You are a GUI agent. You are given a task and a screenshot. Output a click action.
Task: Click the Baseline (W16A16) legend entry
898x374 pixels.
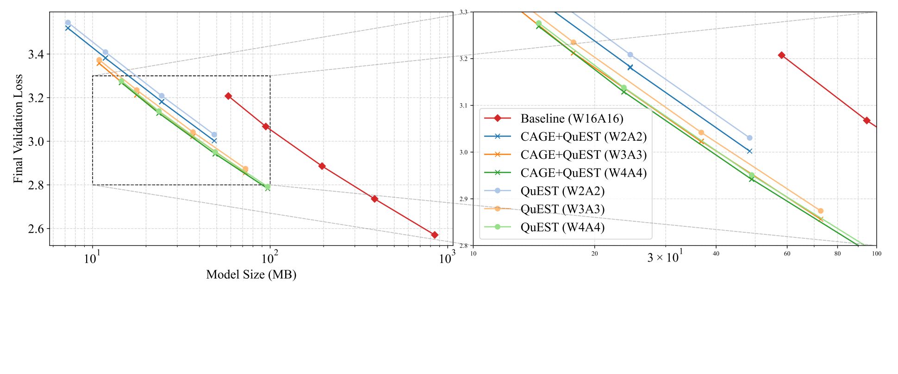coord(572,118)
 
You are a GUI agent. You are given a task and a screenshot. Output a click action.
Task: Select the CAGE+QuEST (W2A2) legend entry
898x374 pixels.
coord(583,137)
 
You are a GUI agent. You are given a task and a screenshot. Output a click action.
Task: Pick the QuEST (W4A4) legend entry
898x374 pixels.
coord(562,227)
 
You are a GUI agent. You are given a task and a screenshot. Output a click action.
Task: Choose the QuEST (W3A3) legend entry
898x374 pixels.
coord(562,209)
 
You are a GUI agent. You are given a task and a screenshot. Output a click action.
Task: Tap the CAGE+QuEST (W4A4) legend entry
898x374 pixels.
coord(583,173)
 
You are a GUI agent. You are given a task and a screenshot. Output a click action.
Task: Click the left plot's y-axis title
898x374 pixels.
coord(18,129)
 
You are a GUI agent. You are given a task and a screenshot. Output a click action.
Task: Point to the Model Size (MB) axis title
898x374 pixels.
coord(251,274)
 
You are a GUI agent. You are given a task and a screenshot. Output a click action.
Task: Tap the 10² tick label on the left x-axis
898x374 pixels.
coord(270,258)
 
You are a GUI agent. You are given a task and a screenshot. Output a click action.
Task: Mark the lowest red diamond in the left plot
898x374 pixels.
coord(435,235)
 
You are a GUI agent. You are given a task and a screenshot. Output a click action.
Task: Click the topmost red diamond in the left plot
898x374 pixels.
coord(228,96)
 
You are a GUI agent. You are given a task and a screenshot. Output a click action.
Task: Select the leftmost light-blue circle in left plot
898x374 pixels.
coord(68,23)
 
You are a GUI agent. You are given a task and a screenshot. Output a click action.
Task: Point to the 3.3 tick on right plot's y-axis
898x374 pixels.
coord(464,12)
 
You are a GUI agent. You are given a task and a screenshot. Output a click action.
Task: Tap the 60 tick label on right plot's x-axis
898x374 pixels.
coord(787,254)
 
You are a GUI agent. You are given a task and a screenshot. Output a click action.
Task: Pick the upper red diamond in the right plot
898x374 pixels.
coord(782,55)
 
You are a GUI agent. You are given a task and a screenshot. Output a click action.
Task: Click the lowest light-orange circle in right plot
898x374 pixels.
coord(821,211)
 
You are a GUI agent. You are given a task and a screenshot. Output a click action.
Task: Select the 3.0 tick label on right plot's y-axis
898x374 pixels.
coord(464,152)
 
